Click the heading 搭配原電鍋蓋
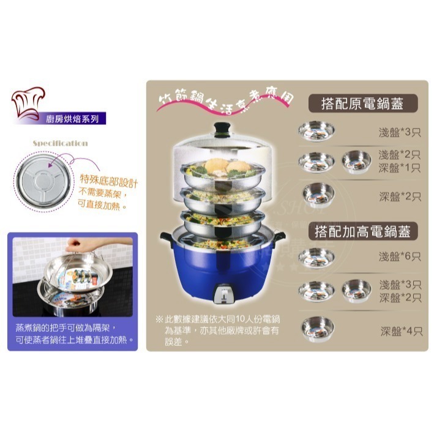click(x=363, y=104)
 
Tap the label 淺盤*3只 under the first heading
click(x=400, y=133)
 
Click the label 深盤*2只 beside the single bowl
click(x=400, y=196)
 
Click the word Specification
click(x=60, y=143)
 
